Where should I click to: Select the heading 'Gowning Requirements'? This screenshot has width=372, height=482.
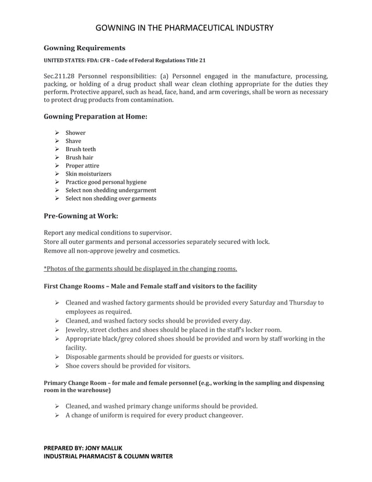(x=84, y=47)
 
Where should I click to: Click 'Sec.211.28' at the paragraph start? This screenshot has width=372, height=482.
(x=60, y=76)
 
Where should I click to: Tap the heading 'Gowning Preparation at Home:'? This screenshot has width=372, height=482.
(x=96, y=117)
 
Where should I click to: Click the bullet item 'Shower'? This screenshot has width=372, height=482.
(x=75, y=133)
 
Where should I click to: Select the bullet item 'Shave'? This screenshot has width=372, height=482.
(x=73, y=141)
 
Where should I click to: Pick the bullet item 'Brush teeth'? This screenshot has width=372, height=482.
(x=80, y=149)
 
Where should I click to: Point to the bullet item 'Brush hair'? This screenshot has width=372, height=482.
(x=79, y=158)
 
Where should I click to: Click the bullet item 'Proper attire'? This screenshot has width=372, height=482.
(x=82, y=166)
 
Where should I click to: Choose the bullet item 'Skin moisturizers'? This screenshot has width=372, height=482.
(x=88, y=174)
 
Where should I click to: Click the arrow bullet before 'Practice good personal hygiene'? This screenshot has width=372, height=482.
(x=58, y=182)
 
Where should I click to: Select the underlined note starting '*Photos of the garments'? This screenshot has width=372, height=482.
(x=141, y=269)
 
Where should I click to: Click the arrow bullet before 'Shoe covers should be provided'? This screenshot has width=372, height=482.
(x=58, y=366)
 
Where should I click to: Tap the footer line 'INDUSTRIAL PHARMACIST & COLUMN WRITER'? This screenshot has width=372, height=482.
(x=108, y=456)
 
